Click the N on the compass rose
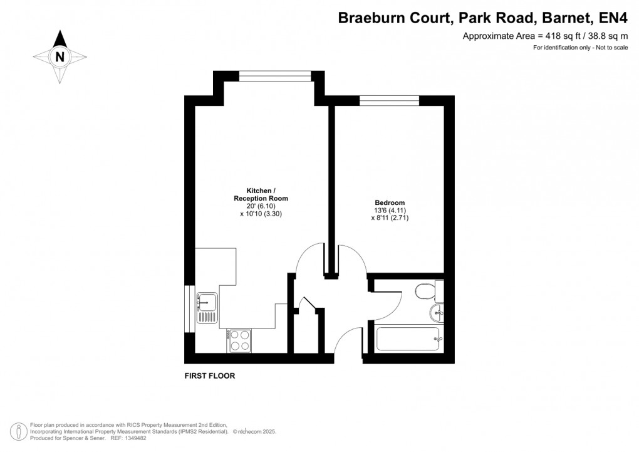pyautogui.click(x=60, y=56)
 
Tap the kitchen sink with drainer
pyautogui.click(x=206, y=308)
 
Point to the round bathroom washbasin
pyautogui.click(x=438, y=313)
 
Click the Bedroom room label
pyautogui.click(x=389, y=202)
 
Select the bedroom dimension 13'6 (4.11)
pyautogui.click(x=390, y=211)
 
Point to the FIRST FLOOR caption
pyautogui.click(x=209, y=376)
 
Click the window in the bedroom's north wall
pyautogui.click(x=389, y=99)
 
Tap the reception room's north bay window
pyautogui.click(x=275, y=76)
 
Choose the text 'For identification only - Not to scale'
pyautogui.click(x=580, y=48)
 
